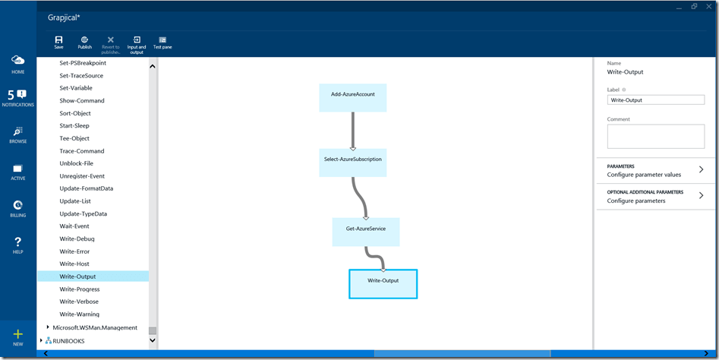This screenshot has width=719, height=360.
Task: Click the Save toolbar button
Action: pyautogui.click(x=58, y=42)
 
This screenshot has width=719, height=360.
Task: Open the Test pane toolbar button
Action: pyautogui.click(x=162, y=42)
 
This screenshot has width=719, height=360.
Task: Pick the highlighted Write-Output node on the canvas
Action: pyautogui.click(x=383, y=283)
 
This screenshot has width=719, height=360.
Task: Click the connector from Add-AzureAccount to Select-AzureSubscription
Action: pyautogui.click(x=352, y=130)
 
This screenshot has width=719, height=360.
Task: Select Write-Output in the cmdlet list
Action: pyautogui.click(x=77, y=276)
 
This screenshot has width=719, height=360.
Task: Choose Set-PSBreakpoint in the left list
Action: pyautogui.click(x=82, y=63)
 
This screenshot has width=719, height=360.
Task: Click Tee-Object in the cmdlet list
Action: pyautogui.click(x=74, y=138)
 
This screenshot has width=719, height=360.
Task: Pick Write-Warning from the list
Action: pyautogui.click(x=79, y=314)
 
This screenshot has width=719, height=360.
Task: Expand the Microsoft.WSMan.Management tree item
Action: pyautogui.click(x=49, y=327)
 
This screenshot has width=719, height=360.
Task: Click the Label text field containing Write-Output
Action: pyautogui.click(x=655, y=99)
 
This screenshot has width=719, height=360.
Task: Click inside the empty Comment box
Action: pyautogui.click(x=655, y=137)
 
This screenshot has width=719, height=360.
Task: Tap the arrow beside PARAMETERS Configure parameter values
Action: pyautogui.click(x=701, y=170)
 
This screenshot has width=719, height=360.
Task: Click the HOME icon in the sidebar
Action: pyautogui.click(x=17, y=63)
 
